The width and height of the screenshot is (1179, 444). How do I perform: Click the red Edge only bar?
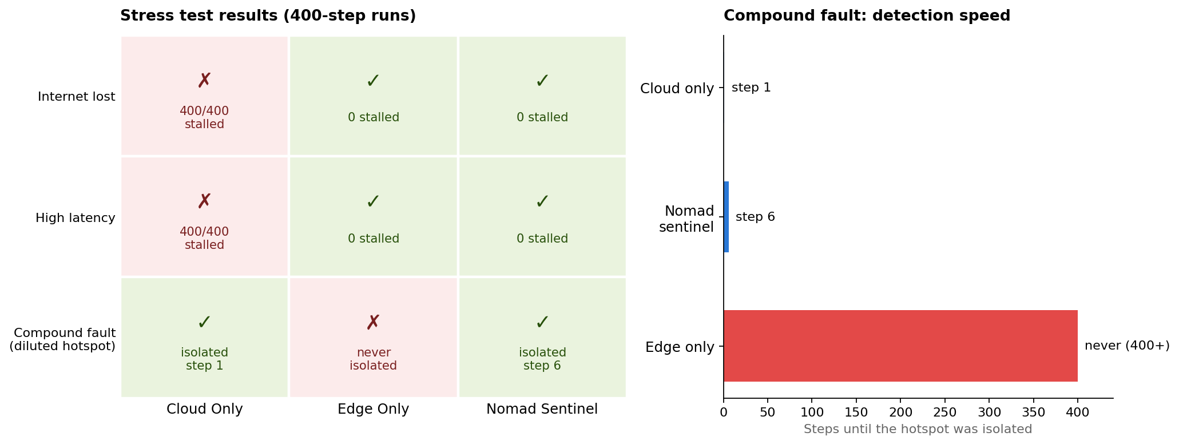coord(900,346)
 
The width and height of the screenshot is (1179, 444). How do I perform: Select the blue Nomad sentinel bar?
coord(727,217)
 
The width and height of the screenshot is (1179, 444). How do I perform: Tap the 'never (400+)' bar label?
coord(1127,346)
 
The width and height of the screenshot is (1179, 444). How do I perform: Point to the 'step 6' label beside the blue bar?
coord(755,217)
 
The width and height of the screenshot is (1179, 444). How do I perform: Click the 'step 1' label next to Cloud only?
coord(751,88)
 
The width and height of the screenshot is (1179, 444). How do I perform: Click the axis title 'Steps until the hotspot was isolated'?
coord(918,429)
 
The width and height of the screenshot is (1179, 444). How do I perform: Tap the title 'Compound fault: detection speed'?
coord(867,16)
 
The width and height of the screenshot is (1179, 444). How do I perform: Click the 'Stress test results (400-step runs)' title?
coord(268,16)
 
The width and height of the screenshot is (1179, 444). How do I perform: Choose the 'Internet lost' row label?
coord(77,97)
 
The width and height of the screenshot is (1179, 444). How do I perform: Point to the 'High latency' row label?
coord(76,218)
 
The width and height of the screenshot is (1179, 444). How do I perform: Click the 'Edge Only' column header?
coord(374,409)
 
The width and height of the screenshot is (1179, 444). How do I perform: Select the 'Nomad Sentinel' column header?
coord(542,409)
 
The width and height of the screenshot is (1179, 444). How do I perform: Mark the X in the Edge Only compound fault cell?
coord(373,323)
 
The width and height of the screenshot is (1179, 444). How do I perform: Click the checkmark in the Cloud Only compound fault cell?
coord(204,322)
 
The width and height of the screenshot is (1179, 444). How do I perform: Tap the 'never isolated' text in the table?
coord(373,359)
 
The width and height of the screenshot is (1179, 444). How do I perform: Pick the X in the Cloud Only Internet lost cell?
coord(204,81)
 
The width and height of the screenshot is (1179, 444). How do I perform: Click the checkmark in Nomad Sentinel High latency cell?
coord(542,201)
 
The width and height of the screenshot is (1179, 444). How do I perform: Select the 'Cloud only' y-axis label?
coord(677,89)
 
